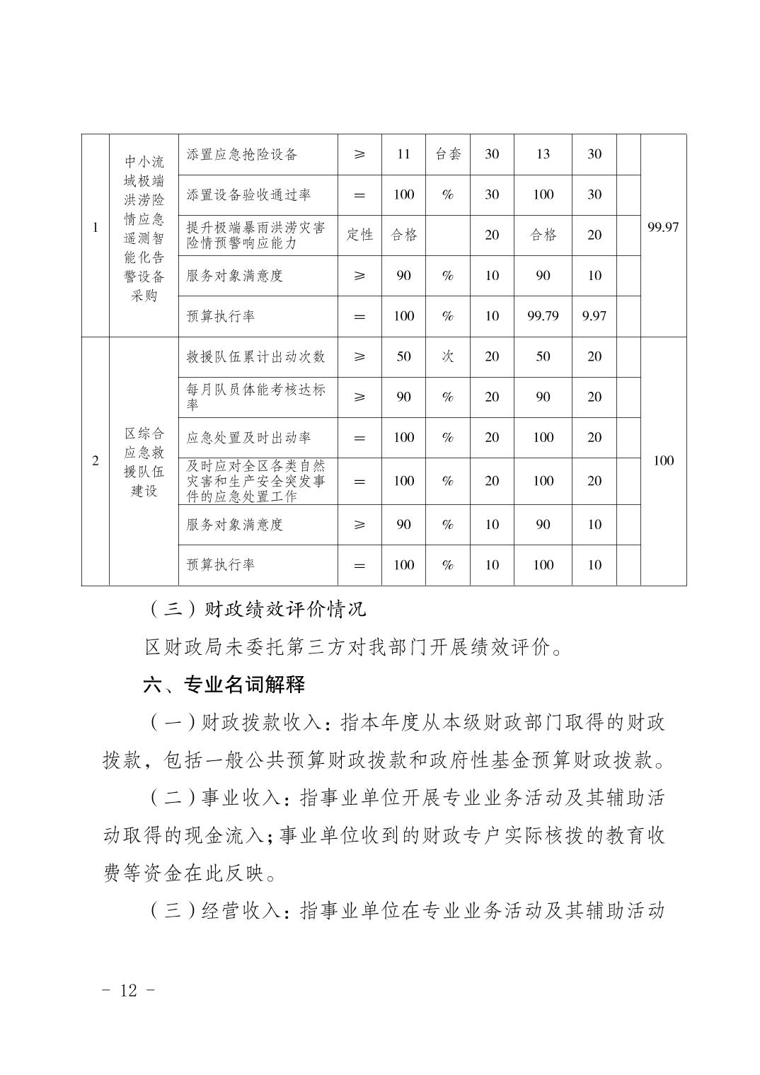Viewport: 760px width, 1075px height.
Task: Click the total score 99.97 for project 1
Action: point(663,227)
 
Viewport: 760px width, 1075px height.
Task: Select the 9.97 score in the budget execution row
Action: point(594,316)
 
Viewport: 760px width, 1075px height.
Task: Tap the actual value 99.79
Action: point(543,316)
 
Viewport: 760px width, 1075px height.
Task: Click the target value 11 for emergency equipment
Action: point(403,154)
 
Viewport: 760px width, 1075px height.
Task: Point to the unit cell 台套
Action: point(447,154)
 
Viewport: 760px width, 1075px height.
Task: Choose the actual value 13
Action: point(543,154)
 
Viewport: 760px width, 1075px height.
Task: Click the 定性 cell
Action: point(359,235)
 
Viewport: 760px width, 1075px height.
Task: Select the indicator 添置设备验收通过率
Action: point(248,194)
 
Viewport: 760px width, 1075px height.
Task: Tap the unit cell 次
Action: point(447,356)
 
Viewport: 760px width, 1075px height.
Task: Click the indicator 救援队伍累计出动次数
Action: point(255,356)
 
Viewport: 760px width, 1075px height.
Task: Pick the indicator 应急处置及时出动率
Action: point(248,438)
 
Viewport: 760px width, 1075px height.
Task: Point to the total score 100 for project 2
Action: point(663,461)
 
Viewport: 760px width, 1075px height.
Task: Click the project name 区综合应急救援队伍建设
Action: point(144,461)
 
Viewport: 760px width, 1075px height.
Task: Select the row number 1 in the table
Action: point(96,228)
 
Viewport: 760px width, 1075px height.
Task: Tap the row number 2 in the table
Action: point(96,461)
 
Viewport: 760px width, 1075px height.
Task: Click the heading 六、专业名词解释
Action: point(224,685)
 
